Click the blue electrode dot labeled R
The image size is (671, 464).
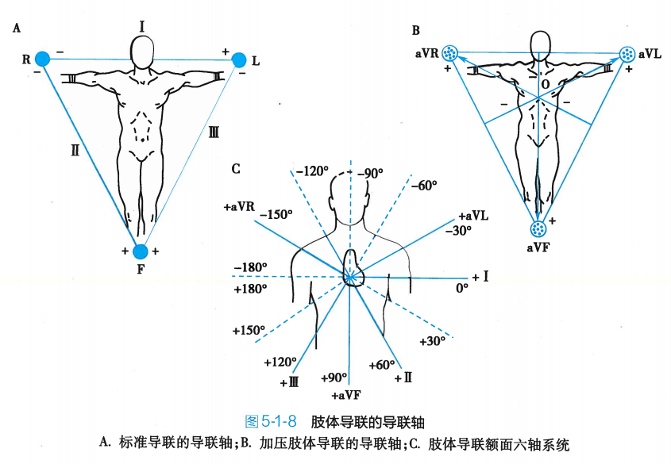coord(42,58)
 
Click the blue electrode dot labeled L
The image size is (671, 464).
coord(239,59)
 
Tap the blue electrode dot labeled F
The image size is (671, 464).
coord(141,251)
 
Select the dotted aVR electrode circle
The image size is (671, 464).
coord(451,54)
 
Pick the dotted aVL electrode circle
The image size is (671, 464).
coord(627,54)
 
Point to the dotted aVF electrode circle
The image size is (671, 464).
coord(539,229)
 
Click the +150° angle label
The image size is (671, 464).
coord(249,329)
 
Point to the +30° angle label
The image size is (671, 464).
coord(433,340)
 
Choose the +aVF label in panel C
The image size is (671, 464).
coord(347,394)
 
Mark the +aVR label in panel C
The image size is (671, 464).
coord(239,206)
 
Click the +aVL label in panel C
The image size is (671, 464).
coord(473,216)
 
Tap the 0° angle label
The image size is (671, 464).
coord(461,289)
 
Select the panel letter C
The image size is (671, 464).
coord(236,168)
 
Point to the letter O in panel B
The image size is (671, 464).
coord(545,83)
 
